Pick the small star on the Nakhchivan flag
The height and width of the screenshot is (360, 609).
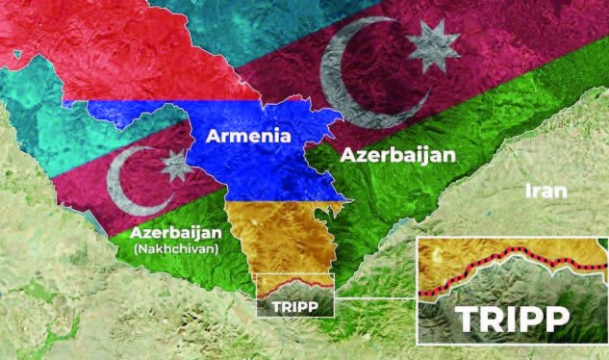click(x=176, y=167)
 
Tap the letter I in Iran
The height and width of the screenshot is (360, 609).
click(x=527, y=191)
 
